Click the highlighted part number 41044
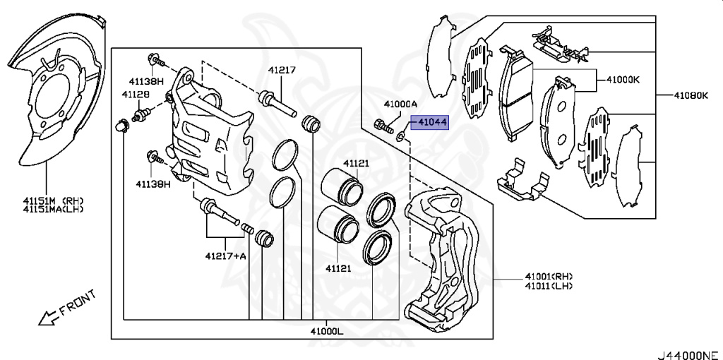click(x=431, y=123)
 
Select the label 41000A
click(x=401, y=103)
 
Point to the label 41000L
click(x=325, y=330)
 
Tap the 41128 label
click(x=135, y=94)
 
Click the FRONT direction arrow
click(x=49, y=318)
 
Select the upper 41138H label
click(x=145, y=81)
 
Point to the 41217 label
click(x=281, y=70)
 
